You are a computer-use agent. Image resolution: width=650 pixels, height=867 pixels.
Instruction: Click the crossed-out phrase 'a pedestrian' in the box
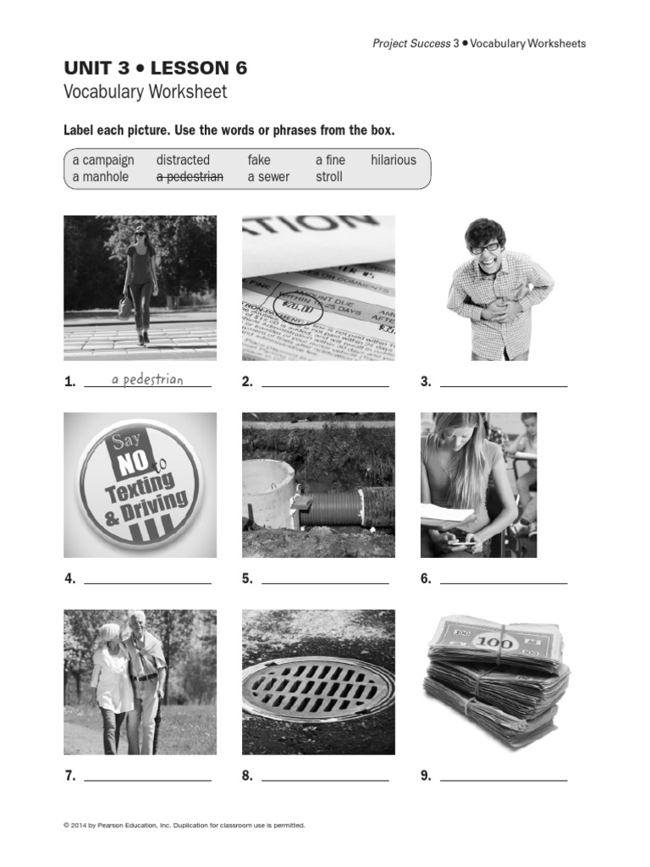tap(190, 177)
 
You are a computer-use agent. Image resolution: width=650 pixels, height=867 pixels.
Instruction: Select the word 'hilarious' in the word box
tap(393, 160)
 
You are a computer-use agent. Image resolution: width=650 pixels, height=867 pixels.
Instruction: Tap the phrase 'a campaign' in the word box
tap(103, 160)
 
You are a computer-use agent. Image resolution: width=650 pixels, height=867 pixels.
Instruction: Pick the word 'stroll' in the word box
tap(329, 177)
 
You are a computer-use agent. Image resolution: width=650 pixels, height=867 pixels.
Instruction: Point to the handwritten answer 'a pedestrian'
tap(147, 379)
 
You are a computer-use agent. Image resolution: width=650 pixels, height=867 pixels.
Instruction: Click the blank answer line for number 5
tap(325, 583)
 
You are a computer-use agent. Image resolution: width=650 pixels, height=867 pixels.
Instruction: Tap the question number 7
tap(69, 776)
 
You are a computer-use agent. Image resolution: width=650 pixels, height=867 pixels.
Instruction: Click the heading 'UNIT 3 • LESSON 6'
tap(156, 69)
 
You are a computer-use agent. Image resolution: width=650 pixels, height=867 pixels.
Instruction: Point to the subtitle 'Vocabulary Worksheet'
tap(146, 92)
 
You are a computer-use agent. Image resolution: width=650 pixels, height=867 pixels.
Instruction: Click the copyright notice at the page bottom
tap(184, 825)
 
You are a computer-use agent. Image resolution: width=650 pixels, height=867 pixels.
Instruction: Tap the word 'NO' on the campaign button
tap(131, 463)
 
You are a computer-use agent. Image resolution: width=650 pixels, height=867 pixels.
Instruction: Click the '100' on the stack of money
tap(494, 643)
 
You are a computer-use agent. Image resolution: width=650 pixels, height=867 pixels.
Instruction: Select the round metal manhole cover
tap(318, 688)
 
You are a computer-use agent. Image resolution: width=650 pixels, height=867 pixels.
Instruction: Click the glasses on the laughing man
tap(485, 248)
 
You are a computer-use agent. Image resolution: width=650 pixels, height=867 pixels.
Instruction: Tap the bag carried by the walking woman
tap(125, 306)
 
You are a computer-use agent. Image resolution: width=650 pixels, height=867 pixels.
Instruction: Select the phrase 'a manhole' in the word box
tap(101, 177)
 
